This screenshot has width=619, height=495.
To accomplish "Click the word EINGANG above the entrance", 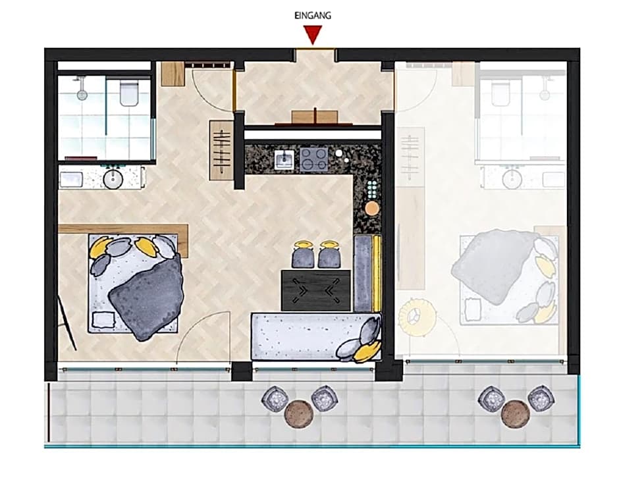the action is pos(313,16).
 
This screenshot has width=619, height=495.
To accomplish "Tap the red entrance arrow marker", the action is pos(313,35).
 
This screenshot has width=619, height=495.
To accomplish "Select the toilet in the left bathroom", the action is pos(128,93).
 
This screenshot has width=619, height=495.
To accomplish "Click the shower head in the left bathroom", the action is pos(82,94).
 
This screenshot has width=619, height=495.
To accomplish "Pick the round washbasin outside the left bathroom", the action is pos(113,179).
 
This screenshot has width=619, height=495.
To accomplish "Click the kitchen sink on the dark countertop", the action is pos(284,160).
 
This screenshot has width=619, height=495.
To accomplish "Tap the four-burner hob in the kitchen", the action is pos(314,159).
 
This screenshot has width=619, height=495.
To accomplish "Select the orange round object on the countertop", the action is pos(372,207).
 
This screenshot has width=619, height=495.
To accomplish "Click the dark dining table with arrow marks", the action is pos(316,290).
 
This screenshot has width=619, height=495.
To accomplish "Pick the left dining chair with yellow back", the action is pos(302,254).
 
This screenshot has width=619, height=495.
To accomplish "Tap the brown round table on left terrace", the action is pos(299,414).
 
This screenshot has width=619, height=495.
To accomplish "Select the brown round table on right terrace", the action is pos(516,414).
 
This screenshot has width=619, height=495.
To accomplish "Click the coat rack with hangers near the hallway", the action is pos(221,150).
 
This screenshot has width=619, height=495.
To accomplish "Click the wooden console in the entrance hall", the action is pos(315,118).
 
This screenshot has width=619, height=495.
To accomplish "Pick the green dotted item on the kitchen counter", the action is pos(372,189).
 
